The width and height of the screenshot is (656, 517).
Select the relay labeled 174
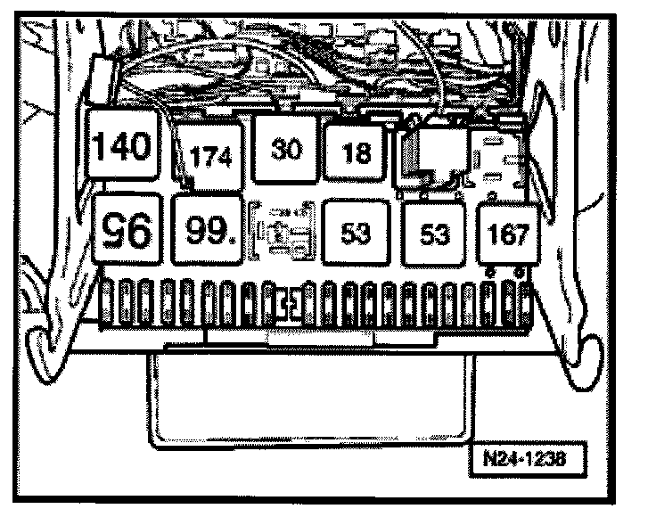pyautogui.click(x=210, y=157)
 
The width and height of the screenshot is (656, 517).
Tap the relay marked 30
pyautogui.click(x=285, y=149)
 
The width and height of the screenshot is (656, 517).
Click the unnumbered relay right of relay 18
pyautogui.click(x=430, y=157)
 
